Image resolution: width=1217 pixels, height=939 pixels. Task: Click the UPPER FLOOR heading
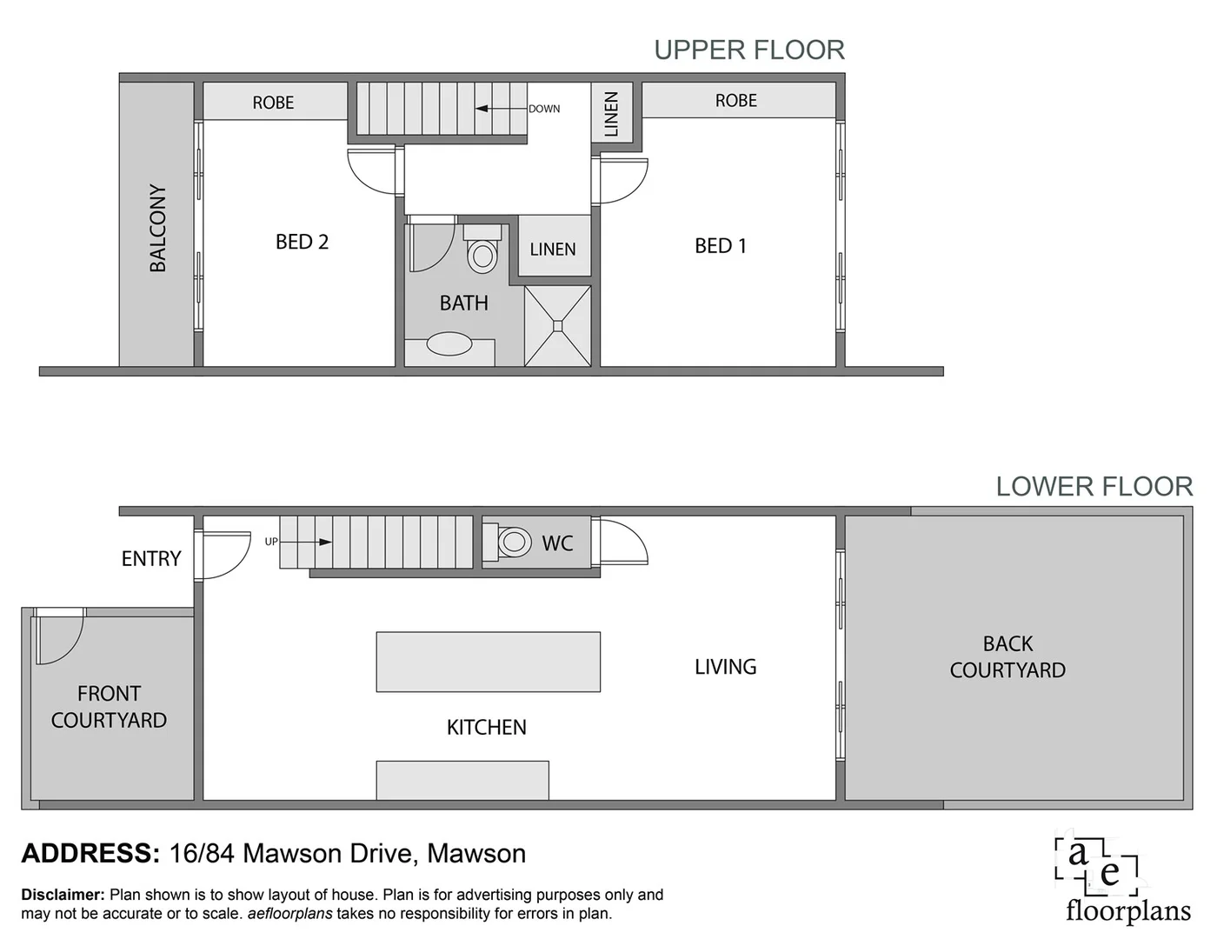click(748, 50)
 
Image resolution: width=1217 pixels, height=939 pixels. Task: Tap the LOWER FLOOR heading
click(1094, 486)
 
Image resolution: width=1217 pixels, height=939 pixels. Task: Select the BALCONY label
click(157, 228)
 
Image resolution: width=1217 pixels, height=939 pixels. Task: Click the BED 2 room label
click(302, 242)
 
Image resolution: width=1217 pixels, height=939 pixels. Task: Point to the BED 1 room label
click(720, 246)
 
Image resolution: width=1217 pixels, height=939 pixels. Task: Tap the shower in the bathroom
click(558, 326)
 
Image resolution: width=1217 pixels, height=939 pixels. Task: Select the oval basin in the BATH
click(449, 344)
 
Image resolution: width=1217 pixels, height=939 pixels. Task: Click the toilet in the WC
click(513, 542)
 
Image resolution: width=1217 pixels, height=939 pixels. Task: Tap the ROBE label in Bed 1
click(735, 101)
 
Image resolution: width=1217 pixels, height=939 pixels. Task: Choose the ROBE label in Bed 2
click(273, 103)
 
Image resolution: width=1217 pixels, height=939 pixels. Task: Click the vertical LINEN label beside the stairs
click(611, 113)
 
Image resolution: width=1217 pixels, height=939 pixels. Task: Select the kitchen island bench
click(488, 662)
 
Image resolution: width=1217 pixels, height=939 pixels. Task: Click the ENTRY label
click(151, 559)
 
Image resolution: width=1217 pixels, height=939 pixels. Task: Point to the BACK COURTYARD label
click(1007, 657)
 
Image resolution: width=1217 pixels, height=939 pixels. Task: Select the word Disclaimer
click(62, 895)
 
